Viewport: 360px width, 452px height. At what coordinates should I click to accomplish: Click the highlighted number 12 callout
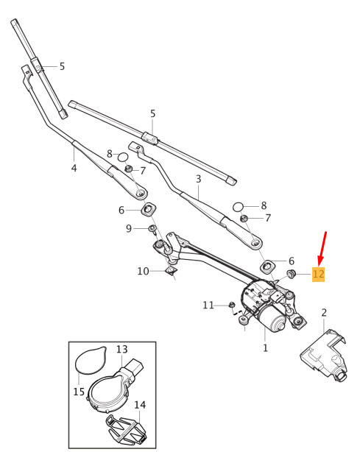(x=319, y=274)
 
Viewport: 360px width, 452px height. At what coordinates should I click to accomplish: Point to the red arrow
(x=322, y=249)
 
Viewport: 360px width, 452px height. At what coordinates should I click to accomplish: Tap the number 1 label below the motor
(x=266, y=348)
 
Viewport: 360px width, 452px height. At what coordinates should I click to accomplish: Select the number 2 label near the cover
(x=324, y=313)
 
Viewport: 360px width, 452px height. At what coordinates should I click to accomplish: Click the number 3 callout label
(x=198, y=179)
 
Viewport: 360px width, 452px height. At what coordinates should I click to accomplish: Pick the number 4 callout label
(x=74, y=168)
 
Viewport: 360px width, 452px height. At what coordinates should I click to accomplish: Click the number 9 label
(x=129, y=229)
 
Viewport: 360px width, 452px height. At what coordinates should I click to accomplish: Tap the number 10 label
(x=143, y=271)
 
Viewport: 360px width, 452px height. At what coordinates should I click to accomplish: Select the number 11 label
(x=208, y=305)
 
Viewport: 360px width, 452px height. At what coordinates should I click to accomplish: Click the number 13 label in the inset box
(x=122, y=350)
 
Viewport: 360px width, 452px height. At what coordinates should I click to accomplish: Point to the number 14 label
(x=140, y=405)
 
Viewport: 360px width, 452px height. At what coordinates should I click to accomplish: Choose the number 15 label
(x=79, y=392)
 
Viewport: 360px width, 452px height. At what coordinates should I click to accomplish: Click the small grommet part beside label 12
(x=291, y=274)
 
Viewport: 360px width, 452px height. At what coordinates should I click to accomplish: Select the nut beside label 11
(x=232, y=305)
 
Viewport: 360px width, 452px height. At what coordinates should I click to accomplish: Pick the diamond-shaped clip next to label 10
(x=171, y=271)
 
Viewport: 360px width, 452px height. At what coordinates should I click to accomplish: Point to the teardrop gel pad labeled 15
(x=91, y=360)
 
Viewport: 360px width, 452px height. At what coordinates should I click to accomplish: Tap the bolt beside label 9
(x=152, y=230)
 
